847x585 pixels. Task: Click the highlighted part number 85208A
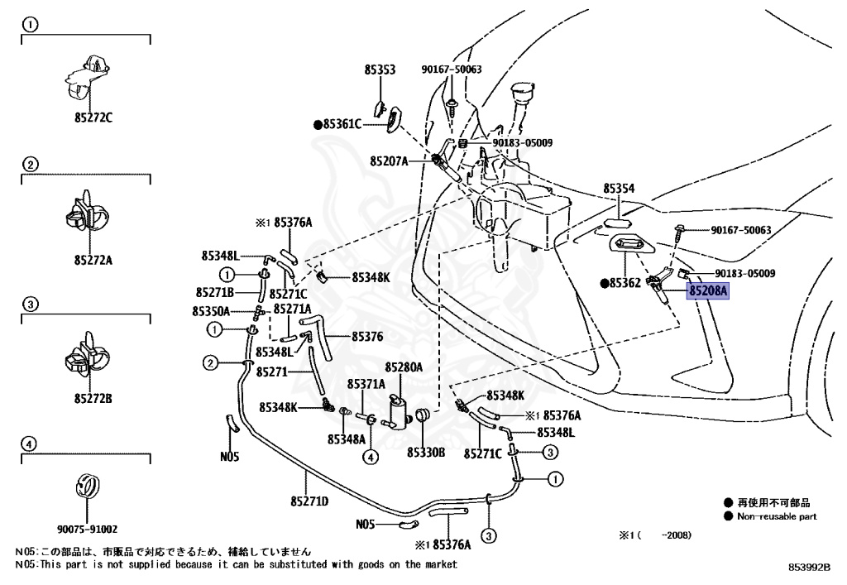(x=708, y=291)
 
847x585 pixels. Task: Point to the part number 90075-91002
(x=88, y=528)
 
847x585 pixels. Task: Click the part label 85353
(x=380, y=70)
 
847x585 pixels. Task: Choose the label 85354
(x=619, y=189)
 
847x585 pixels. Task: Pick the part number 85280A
(x=404, y=367)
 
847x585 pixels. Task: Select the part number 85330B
(x=426, y=453)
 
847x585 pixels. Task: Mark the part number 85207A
(x=390, y=161)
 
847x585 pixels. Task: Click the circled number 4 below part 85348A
(x=372, y=457)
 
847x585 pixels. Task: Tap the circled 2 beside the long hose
(x=212, y=362)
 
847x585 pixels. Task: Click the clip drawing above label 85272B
(x=85, y=356)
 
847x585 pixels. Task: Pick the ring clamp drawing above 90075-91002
(x=87, y=487)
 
